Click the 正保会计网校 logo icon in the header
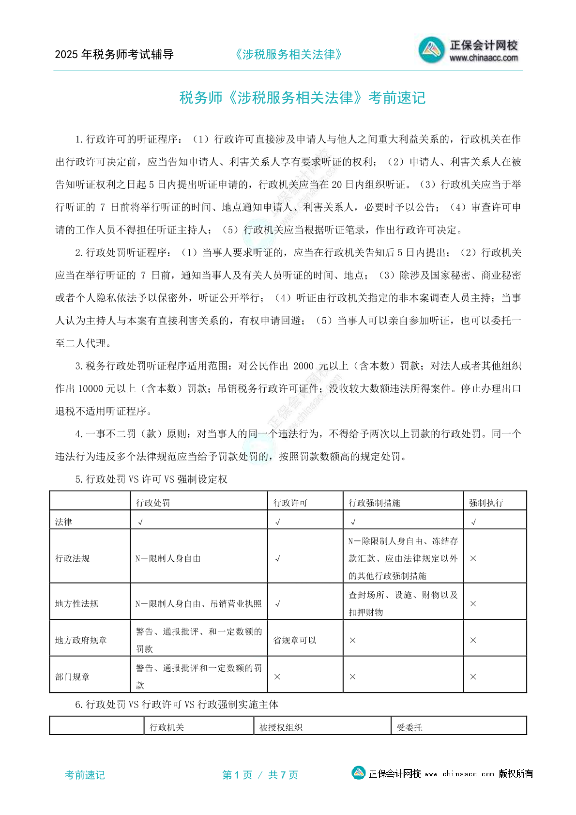(431, 49)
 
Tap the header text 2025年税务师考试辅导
(114, 54)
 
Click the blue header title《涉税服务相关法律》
(288, 54)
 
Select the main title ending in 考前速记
(303, 98)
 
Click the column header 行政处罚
(153, 503)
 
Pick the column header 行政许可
(290, 503)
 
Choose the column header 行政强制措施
(375, 503)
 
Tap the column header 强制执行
(486, 503)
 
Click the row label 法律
(63, 522)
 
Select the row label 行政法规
(72, 558)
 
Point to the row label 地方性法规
(76, 603)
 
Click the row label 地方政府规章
(81, 640)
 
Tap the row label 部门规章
(72, 677)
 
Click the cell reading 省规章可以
(295, 640)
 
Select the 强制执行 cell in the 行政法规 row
(473, 558)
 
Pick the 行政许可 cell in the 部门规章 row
(277, 677)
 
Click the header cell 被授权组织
(281, 727)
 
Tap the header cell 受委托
(409, 727)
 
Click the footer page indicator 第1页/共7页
(260, 775)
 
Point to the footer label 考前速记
(85, 775)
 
